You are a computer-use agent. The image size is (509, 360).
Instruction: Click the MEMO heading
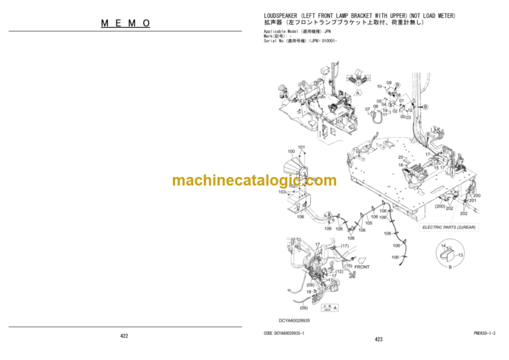[126, 23]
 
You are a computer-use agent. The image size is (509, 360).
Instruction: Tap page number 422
[124, 336]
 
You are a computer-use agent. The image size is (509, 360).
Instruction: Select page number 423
[378, 339]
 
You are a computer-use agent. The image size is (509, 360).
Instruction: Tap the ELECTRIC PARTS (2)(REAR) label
[448, 227]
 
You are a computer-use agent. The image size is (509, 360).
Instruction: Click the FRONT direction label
[362, 267]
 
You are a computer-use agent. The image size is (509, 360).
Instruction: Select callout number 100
[291, 152]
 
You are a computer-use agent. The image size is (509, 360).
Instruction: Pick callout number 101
[302, 147]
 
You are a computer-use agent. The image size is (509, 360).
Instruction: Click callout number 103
[282, 192]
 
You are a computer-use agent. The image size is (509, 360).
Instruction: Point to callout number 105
[368, 223]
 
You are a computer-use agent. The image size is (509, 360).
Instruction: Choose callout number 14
[443, 246]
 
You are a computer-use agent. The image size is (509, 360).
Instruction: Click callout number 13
[461, 255]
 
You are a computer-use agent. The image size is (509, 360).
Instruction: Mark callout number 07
[368, 109]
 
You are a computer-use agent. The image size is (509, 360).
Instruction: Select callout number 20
[401, 157]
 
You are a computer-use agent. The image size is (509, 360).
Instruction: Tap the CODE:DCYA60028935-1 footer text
[284, 333]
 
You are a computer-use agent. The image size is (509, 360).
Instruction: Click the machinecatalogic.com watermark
[254, 180]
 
